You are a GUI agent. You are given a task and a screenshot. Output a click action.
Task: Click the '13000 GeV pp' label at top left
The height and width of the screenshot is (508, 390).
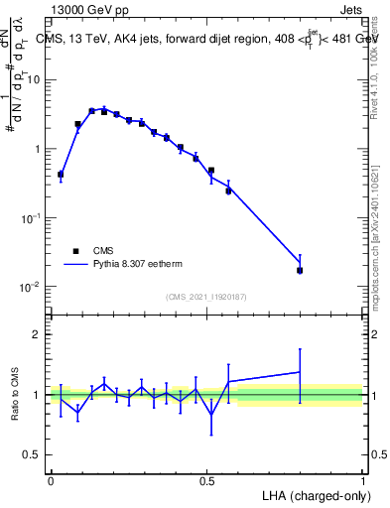click(x=89, y=10)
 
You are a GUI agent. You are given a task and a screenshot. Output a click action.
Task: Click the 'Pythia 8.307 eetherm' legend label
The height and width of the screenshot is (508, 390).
click(x=140, y=266)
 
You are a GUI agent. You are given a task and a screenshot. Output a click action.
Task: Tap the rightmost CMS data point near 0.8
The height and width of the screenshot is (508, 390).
click(x=300, y=270)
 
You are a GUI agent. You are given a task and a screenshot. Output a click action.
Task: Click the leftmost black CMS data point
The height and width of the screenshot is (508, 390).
click(x=61, y=175)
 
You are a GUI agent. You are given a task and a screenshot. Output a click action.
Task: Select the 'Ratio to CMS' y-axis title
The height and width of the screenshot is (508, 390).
click(x=16, y=394)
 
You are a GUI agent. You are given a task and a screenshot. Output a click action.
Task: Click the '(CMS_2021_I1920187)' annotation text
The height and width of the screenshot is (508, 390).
click(x=206, y=297)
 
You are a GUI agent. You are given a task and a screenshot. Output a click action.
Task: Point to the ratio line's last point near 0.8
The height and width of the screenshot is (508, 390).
click(x=300, y=372)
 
